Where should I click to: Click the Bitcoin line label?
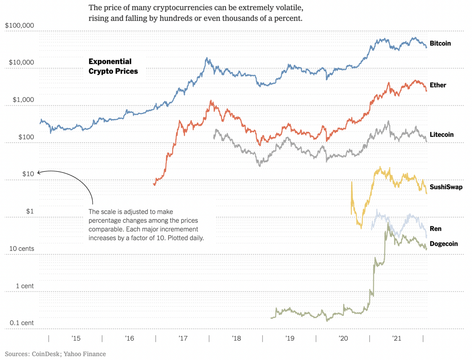[x=440, y=43]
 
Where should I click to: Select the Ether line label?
[x=438, y=85]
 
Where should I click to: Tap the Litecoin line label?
[x=441, y=134]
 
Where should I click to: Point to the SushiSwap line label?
[x=446, y=187]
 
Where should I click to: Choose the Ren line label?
[x=435, y=229]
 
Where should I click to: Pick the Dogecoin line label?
[x=443, y=244]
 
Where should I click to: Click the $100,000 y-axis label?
[x=20, y=25]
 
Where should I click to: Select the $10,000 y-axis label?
[x=21, y=62]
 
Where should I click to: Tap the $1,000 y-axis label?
[x=23, y=100]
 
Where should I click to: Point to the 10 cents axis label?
[x=22, y=249]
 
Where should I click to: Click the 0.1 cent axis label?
[x=22, y=323]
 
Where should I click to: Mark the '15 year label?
[x=76, y=338]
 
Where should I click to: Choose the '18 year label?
[x=236, y=338]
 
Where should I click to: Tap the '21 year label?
[x=397, y=338]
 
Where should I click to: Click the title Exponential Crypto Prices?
[x=113, y=66]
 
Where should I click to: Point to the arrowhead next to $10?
[x=38, y=172]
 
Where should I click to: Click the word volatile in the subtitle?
[x=288, y=7]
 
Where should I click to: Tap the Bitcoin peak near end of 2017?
[x=206, y=58]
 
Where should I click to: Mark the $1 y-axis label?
[x=30, y=211]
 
